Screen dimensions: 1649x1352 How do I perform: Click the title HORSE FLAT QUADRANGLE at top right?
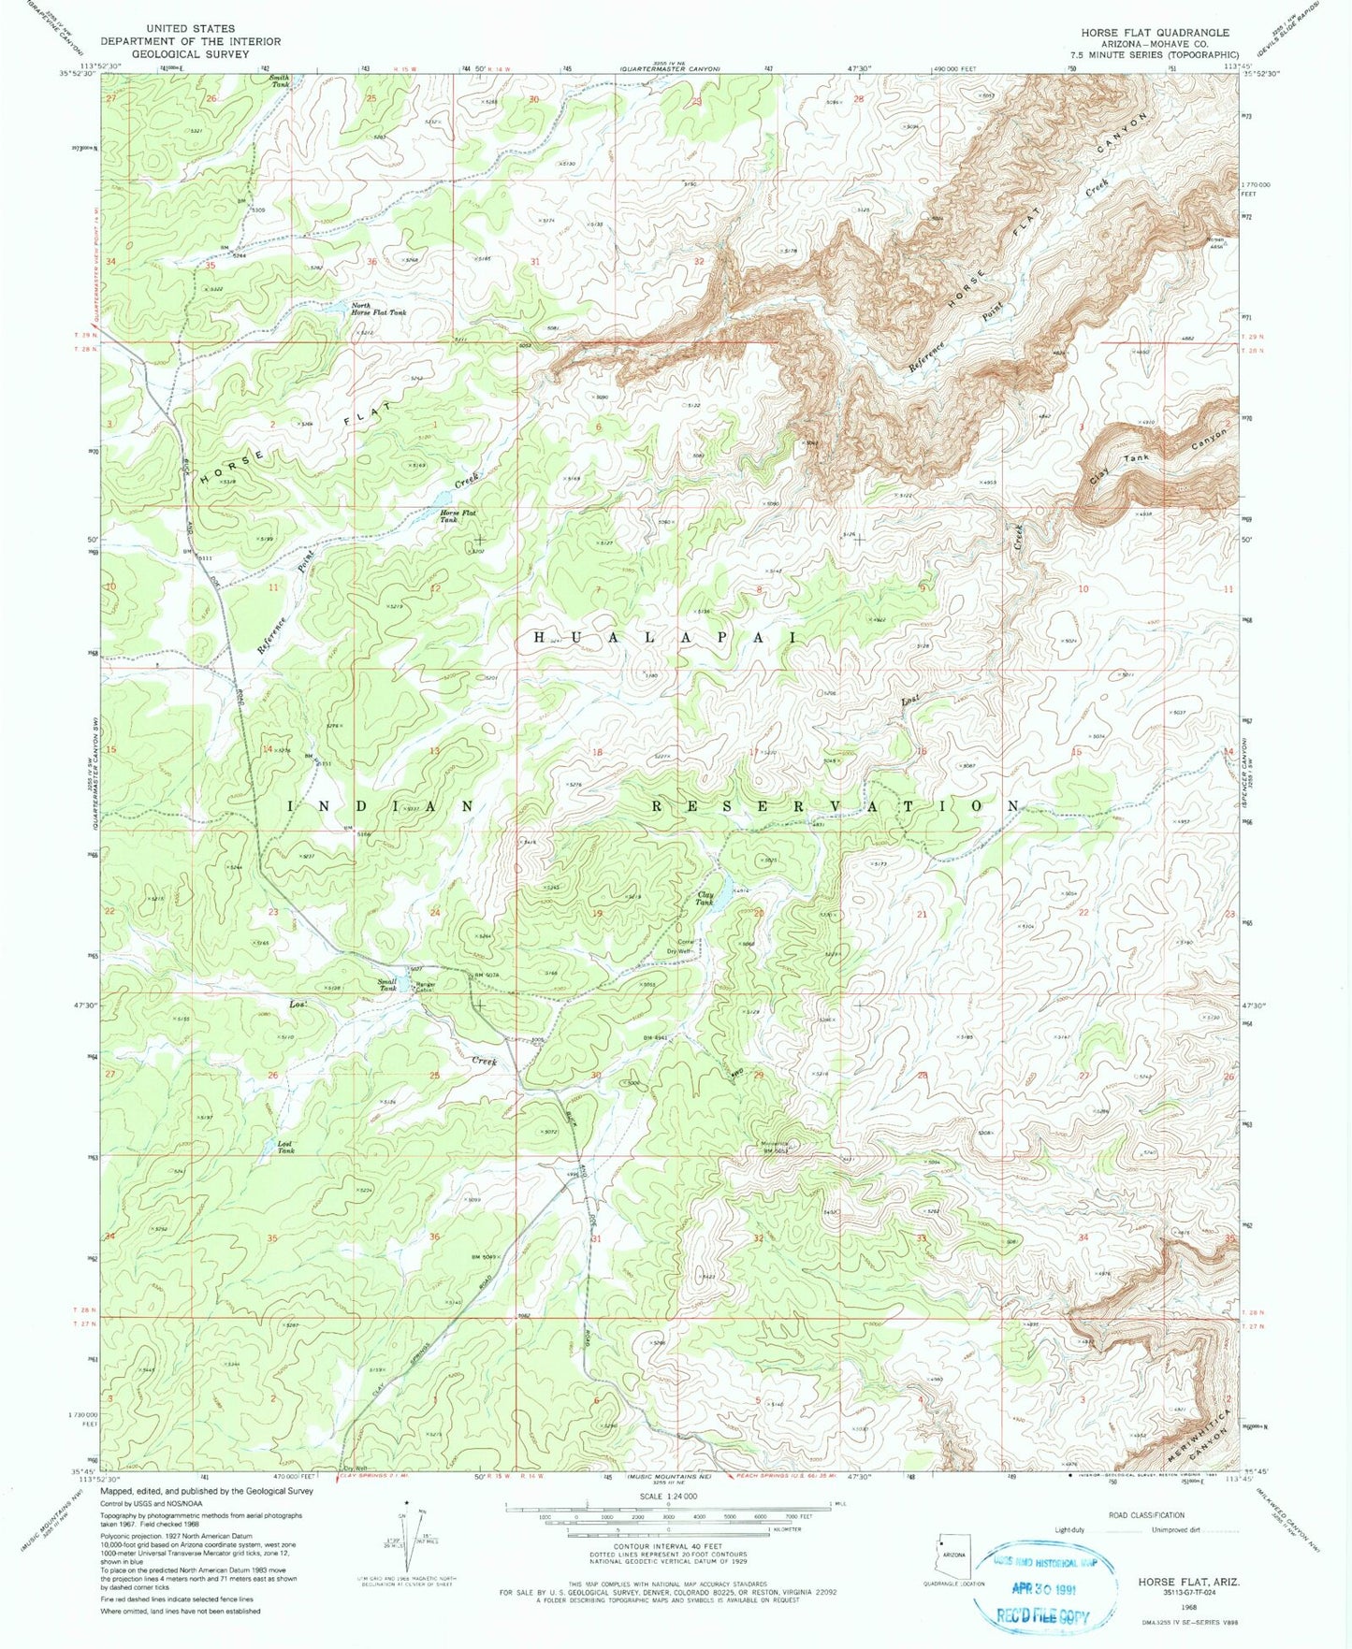tap(1155, 32)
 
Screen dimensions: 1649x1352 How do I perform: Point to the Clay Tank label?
tap(705, 898)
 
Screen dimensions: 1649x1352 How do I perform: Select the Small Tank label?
tap(387, 985)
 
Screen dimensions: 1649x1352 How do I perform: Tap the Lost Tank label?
tap(285, 1147)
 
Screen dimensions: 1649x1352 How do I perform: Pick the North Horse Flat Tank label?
tap(378, 309)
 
